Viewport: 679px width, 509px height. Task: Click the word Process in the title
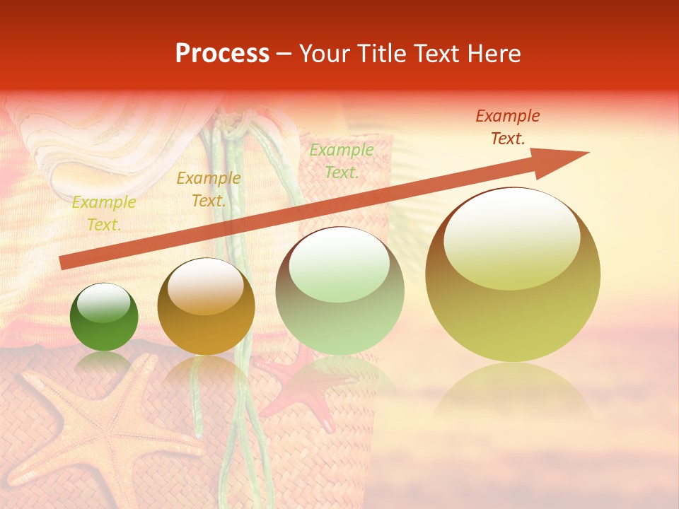[222, 54]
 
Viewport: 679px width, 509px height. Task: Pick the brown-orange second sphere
[206, 307]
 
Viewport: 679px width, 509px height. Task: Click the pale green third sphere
[340, 291]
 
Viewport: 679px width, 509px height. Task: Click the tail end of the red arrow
[62, 263]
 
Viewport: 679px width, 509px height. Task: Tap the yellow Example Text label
[103, 213]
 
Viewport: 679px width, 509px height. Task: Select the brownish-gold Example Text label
[209, 189]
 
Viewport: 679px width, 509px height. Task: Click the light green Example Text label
[342, 160]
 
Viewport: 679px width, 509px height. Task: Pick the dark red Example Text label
[508, 127]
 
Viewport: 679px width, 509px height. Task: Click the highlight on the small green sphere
[104, 303]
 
